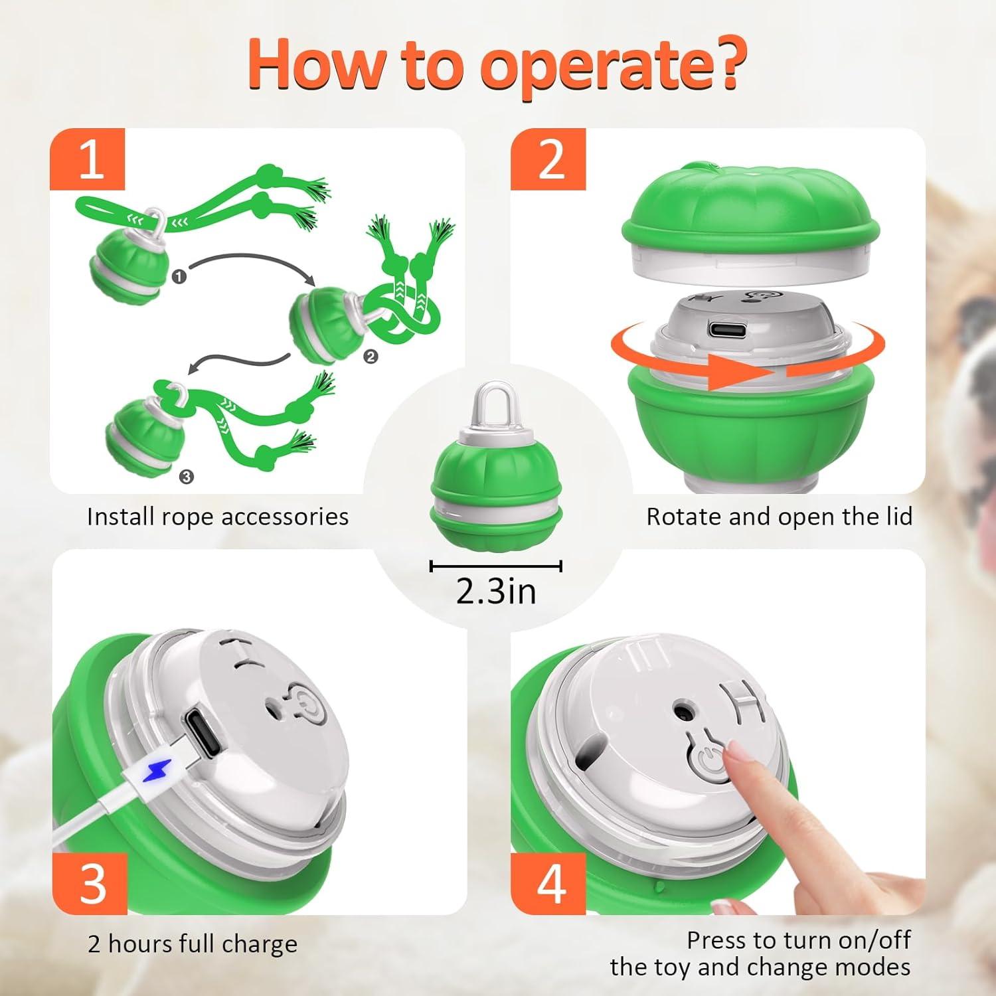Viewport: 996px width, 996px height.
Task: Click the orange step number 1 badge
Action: tap(88, 159)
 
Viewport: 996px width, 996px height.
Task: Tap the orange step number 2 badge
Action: tap(548, 159)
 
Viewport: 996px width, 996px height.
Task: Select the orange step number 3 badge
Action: tap(90, 884)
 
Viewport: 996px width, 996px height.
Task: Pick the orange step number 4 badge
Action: tap(548, 884)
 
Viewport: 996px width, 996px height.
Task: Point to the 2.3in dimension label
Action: tap(496, 590)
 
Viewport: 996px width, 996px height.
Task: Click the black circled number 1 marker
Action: tap(179, 276)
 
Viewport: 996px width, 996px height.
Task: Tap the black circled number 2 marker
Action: tap(371, 357)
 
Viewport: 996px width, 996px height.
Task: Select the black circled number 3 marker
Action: tap(187, 476)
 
